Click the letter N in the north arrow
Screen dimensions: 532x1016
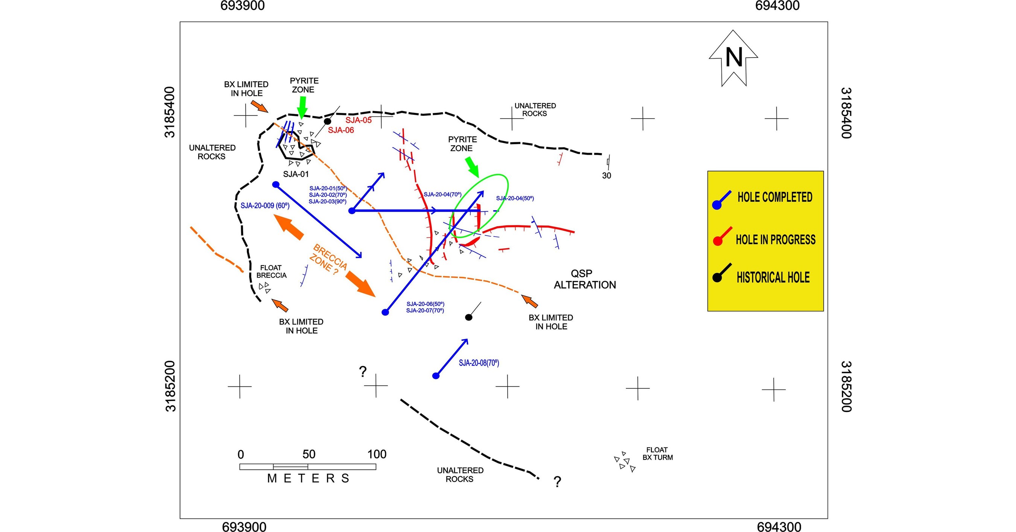tap(734, 58)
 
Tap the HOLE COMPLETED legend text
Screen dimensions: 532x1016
tap(775, 197)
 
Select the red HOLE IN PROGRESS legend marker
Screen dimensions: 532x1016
tap(718, 240)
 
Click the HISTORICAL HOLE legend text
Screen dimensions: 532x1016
tap(773, 277)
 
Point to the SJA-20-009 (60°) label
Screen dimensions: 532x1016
tap(265, 205)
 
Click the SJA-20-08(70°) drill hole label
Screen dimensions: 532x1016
tap(479, 363)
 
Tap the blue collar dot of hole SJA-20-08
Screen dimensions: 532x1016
tap(436, 376)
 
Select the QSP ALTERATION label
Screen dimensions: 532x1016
tap(584, 279)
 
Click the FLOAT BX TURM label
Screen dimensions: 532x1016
tap(657, 453)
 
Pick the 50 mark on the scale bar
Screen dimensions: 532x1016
tap(309, 454)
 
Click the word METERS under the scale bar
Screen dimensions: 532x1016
tap(308, 478)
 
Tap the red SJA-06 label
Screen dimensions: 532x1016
tap(341, 130)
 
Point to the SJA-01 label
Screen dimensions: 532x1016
tap(296, 174)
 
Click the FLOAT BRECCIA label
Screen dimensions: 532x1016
tap(271, 271)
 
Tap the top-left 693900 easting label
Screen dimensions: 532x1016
tap(242, 6)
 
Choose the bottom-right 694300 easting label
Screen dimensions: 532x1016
tap(779, 526)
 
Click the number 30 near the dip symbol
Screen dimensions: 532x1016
tap(607, 175)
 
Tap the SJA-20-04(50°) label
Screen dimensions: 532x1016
tap(515, 198)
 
